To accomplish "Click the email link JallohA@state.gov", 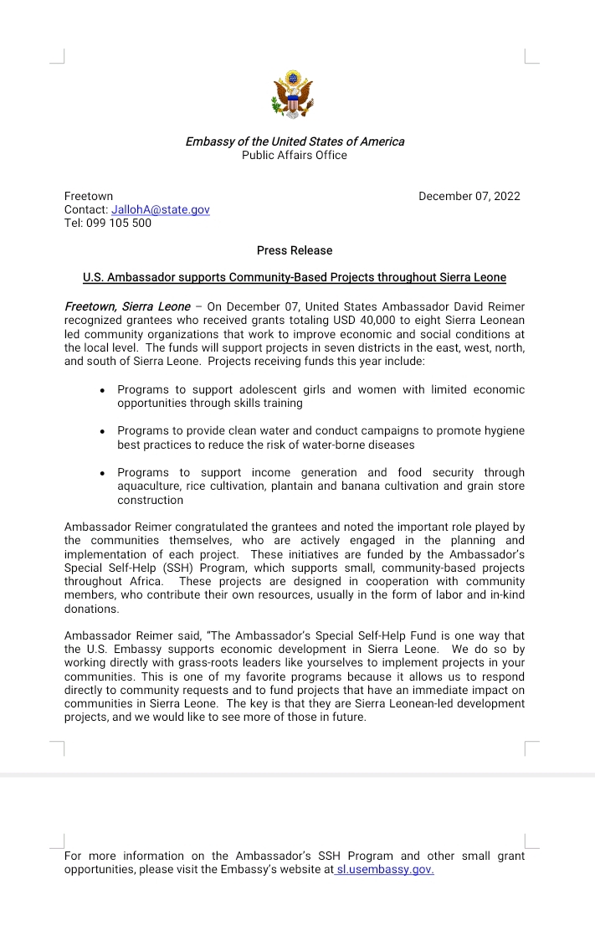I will pos(161,210).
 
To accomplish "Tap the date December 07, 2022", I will pos(469,197).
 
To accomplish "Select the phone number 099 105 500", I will pos(119,224).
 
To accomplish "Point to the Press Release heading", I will pos(295,250).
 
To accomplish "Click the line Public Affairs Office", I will pos(295,155).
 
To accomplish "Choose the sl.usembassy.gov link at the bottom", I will pos(384,870).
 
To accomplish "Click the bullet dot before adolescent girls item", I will pos(102,390).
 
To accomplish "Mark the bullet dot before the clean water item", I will pos(102,431).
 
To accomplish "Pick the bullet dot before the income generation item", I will pos(102,473).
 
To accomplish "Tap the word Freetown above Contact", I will pos(89,197).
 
